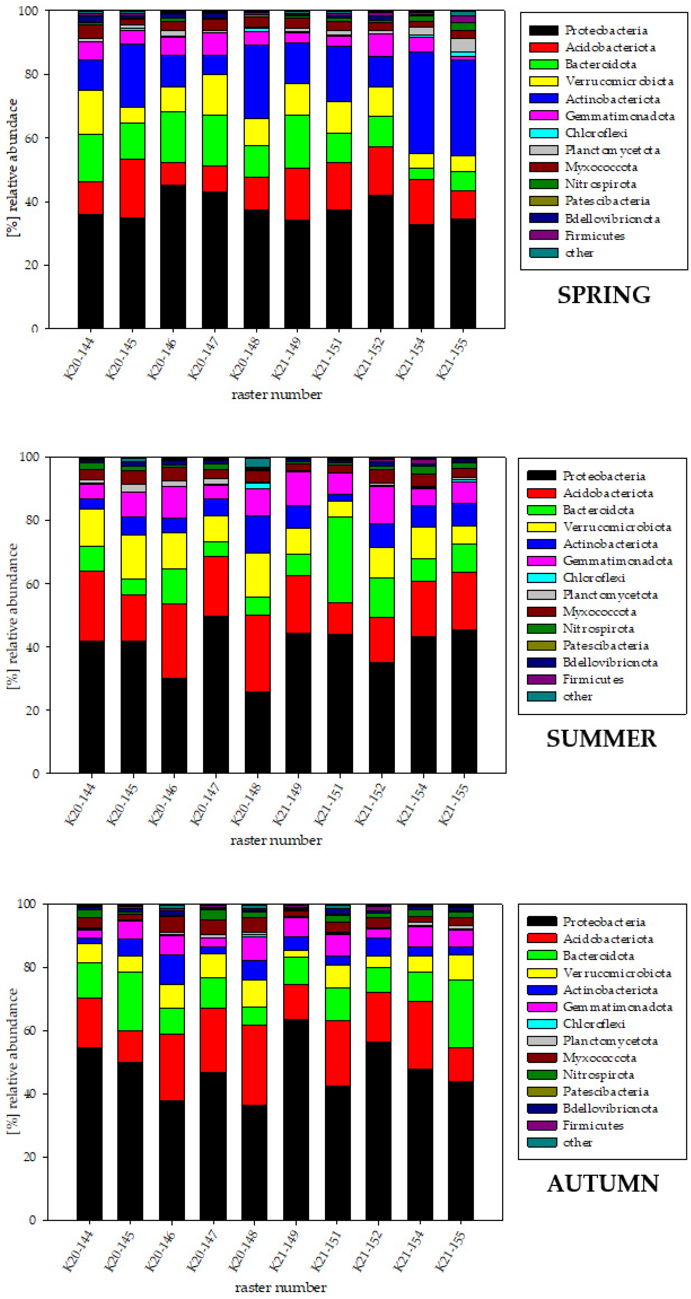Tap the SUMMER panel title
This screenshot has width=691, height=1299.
pyautogui.click(x=601, y=739)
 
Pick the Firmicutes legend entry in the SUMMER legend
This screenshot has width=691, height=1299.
pyautogui.click(x=593, y=679)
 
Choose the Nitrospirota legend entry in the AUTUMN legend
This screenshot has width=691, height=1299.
pyautogui.click(x=598, y=1075)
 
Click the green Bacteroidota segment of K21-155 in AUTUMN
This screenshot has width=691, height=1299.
pyautogui.click(x=461, y=1013)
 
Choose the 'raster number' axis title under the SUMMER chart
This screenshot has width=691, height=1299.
pyautogui.click(x=276, y=840)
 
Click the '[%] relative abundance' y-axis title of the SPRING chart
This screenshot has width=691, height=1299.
pyautogui.click(x=12, y=167)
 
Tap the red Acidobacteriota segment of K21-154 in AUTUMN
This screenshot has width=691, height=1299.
pyautogui.click(x=420, y=1034)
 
